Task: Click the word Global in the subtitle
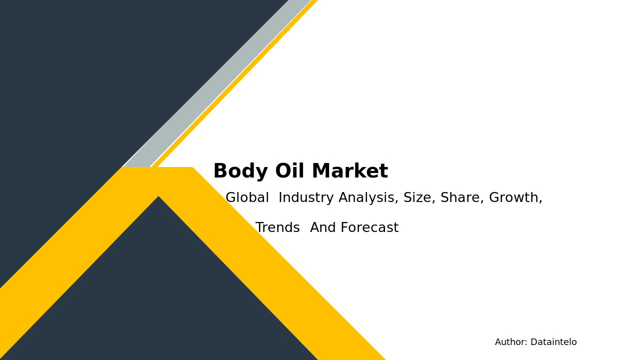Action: [x=247, y=198]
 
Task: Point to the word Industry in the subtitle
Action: [x=306, y=198]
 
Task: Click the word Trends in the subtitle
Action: [x=277, y=228]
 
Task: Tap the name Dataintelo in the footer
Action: [x=553, y=342]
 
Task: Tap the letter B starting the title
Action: [x=220, y=172]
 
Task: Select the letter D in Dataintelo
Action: [x=533, y=342]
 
